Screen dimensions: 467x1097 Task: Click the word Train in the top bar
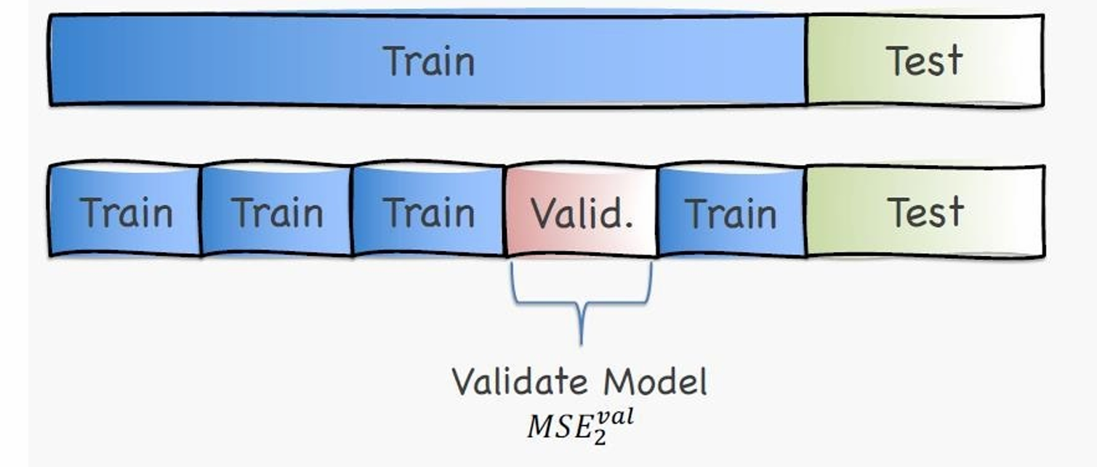(x=429, y=61)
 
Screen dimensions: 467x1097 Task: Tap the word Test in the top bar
(x=924, y=61)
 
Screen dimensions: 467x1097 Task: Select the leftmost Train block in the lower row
(x=125, y=212)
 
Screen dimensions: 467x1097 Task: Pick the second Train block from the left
(x=276, y=212)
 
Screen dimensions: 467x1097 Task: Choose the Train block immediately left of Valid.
(x=429, y=212)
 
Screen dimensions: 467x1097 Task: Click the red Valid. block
(x=582, y=212)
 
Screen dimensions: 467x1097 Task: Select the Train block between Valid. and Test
(x=731, y=212)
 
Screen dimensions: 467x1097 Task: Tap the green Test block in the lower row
(x=925, y=212)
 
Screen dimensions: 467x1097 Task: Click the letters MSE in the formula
(x=555, y=427)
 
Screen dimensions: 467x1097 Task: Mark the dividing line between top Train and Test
(x=806, y=61)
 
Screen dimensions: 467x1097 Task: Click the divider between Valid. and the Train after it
(x=656, y=212)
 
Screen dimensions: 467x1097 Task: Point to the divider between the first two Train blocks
(x=201, y=212)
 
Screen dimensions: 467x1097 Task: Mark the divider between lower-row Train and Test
(x=806, y=212)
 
